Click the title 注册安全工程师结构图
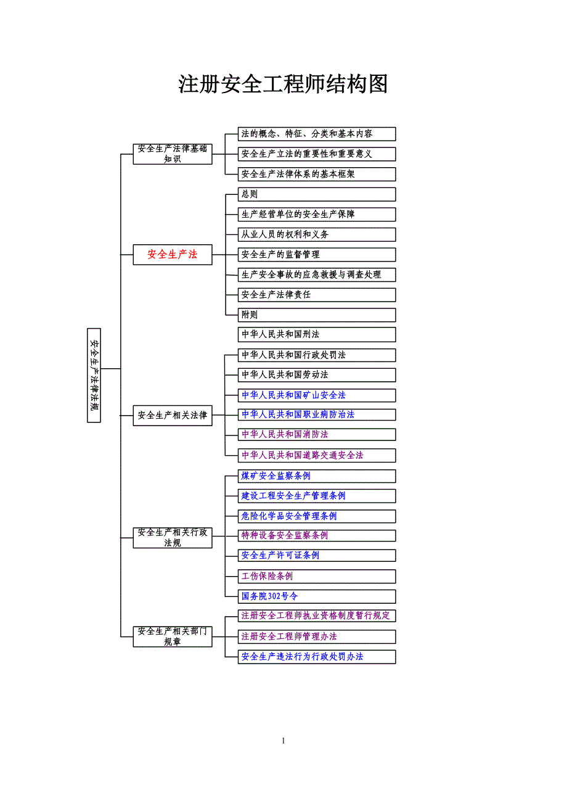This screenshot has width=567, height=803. [283, 84]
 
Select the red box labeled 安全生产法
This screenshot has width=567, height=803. [173, 254]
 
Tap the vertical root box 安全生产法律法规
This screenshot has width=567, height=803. [94, 376]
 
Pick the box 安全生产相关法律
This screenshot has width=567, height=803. [173, 415]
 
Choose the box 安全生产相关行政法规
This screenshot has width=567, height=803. [173, 537]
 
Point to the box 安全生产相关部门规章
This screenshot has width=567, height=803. [173, 636]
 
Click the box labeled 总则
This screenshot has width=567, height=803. [317, 194]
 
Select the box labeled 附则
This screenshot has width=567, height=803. [317, 315]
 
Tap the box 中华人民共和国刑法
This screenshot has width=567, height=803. [317, 334]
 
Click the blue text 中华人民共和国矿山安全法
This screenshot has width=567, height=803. [293, 395]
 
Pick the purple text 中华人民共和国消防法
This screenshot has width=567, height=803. [285, 434]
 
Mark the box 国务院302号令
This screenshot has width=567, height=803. [317, 596]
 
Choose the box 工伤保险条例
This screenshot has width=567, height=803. [317, 576]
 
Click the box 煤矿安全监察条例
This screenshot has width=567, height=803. [317, 476]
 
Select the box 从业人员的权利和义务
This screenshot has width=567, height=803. [317, 234]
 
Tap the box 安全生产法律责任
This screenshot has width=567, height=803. [317, 294]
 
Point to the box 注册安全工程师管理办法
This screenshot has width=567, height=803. [317, 636]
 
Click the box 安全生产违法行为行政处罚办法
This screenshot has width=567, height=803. [317, 656]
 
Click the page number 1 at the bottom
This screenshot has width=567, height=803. [283, 741]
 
